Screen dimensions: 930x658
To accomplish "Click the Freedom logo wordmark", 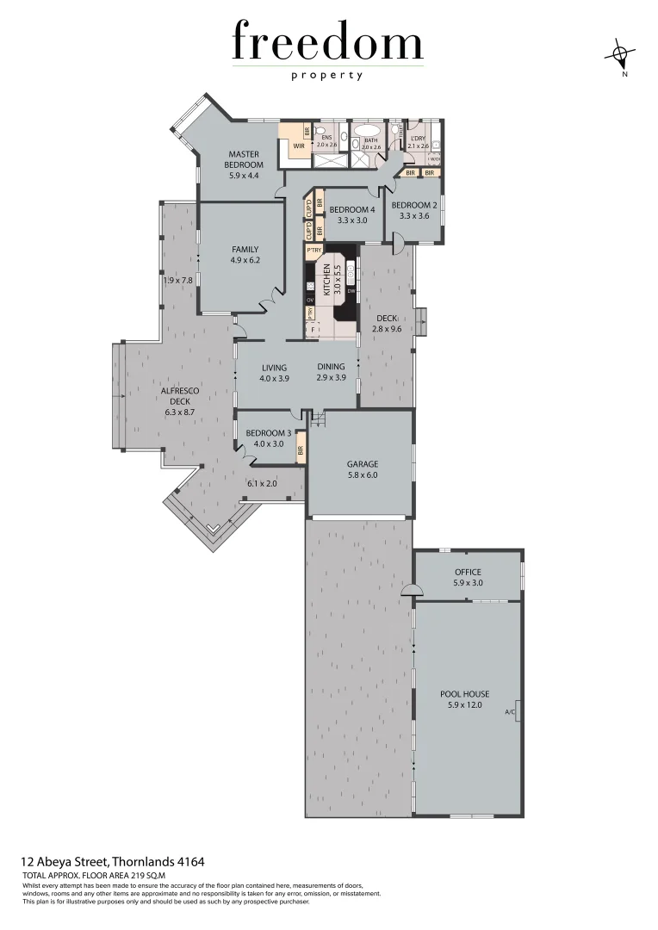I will [x=327, y=43].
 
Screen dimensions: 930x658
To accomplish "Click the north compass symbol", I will [x=619, y=56].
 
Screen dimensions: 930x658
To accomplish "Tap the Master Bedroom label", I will [x=244, y=159].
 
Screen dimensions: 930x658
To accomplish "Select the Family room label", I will [x=245, y=249].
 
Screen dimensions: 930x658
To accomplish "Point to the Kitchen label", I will [x=327, y=280].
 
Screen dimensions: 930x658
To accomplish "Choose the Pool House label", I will [x=464, y=693].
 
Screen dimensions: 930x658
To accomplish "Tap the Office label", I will [x=468, y=572].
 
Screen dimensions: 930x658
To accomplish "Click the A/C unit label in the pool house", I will [x=509, y=711].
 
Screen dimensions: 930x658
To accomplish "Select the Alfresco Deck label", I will [x=181, y=395].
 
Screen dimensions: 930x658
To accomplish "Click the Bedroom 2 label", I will [x=414, y=205].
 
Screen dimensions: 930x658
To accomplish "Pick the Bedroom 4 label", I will [x=352, y=209].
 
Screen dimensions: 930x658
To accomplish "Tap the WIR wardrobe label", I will [x=299, y=146].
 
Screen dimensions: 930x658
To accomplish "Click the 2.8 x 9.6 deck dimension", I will [x=388, y=329].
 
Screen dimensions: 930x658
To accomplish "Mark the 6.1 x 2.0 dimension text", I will [x=262, y=484].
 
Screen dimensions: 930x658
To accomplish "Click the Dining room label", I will [x=330, y=368].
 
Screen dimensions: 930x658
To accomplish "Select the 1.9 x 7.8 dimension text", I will [x=178, y=280].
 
